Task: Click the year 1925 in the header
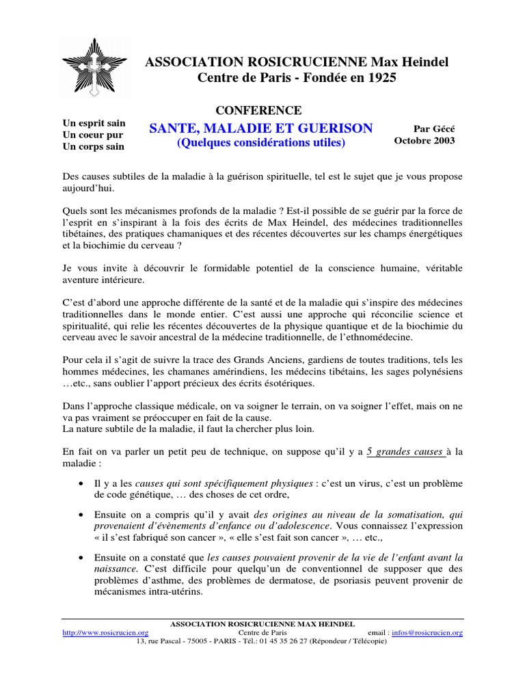coord(381,78)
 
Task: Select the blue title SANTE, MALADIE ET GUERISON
coord(261,128)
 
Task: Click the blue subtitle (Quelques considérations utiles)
coord(261,144)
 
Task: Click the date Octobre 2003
coord(424,140)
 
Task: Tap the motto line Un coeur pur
coord(93,135)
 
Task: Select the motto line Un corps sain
coord(94,146)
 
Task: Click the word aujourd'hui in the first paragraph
coord(89,188)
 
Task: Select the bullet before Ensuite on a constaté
coord(82,557)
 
